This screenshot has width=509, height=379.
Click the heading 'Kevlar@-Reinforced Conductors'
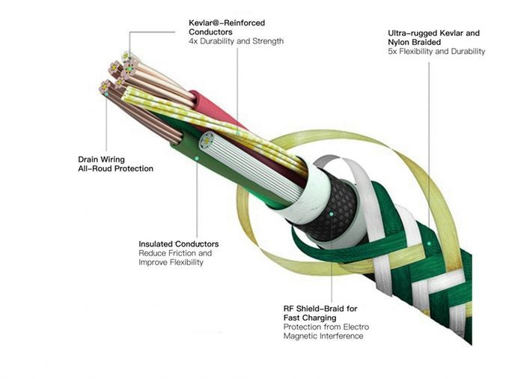[x=227, y=28]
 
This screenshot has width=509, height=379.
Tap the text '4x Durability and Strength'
[x=236, y=41]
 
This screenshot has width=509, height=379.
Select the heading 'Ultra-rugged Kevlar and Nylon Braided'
[x=433, y=37]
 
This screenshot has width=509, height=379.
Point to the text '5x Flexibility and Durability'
[x=436, y=52]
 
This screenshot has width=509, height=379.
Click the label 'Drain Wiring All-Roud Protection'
[x=115, y=164]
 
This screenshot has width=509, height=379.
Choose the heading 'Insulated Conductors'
[x=179, y=244]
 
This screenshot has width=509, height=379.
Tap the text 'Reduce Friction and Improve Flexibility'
[x=175, y=258]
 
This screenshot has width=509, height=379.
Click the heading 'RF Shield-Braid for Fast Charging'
[x=320, y=313]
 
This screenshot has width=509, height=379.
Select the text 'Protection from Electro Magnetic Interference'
[x=326, y=331]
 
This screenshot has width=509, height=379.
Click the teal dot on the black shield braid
[x=331, y=214]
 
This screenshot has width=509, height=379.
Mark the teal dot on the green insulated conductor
[x=197, y=158]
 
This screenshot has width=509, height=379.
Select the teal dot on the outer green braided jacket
[x=429, y=243]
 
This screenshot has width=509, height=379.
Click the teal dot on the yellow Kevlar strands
[x=237, y=133]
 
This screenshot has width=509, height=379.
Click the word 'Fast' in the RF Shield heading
[x=293, y=318]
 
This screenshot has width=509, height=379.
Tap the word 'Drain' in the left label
[x=88, y=160]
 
